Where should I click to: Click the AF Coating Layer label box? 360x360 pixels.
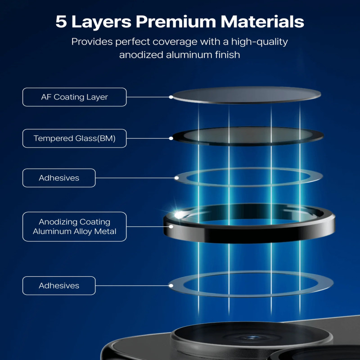[74, 97]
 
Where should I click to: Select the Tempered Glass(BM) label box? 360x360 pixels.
[74, 139]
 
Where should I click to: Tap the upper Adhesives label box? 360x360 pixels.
[59, 178]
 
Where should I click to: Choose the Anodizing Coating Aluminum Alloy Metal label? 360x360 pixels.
[74, 227]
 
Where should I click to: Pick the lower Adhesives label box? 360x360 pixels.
[59, 286]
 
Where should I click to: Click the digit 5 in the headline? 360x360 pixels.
[61, 22]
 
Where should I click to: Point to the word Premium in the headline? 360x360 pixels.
[176, 22]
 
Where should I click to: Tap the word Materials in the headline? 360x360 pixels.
[262, 22]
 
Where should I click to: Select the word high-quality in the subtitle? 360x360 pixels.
[260, 42]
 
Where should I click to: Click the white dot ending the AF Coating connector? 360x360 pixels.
[171, 97]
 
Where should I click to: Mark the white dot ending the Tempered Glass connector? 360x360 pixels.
[171, 139]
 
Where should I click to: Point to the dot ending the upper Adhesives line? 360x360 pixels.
[176, 178]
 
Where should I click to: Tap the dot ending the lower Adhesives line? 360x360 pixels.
[171, 286]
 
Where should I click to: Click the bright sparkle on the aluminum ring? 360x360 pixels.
[179, 215]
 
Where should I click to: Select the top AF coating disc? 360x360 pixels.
[247, 95]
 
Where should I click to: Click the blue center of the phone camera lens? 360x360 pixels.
[252, 337]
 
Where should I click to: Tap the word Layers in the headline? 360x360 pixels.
[101, 22]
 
